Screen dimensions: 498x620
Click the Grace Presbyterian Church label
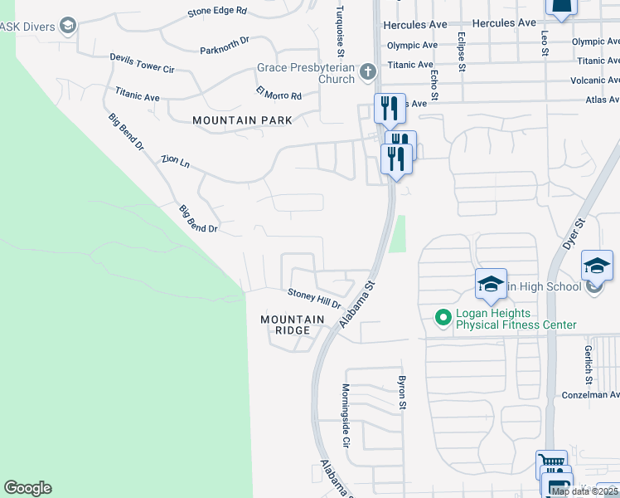(x=306, y=73)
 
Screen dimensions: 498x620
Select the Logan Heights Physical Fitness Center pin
(x=443, y=316)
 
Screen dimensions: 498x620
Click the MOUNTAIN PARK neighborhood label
(x=242, y=120)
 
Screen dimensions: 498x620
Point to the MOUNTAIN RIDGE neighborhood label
(x=292, y=325)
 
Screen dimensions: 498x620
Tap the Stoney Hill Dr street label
(x=315, y=298)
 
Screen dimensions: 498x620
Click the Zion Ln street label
(x=176, y=161)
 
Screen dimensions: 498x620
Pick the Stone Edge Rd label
(x=217, y=12)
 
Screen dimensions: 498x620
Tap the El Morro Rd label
(x=279, y=94)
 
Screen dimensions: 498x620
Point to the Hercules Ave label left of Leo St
(x=460, y=23)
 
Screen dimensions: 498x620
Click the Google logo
(x=27, y=488)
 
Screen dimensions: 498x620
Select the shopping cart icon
(x=550, y=462)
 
